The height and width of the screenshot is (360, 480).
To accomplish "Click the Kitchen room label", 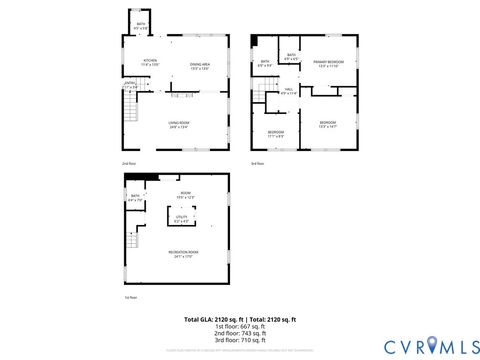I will (150, 62).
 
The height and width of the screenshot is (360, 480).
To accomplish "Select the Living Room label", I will (178, 126).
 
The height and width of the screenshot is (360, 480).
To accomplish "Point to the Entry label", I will (128, 86).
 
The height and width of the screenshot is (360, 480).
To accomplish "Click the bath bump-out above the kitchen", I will (141, 27).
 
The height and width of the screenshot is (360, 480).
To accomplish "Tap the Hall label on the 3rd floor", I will (288, 92).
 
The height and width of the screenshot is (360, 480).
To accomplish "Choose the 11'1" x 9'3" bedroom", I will (276, 133).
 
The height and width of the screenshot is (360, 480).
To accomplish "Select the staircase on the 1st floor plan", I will (134, 241).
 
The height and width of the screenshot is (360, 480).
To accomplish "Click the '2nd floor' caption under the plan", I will (129, 163).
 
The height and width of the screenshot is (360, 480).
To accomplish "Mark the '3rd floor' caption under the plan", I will (257, 163).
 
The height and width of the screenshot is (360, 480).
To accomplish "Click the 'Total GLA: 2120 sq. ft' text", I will (213, 319).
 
